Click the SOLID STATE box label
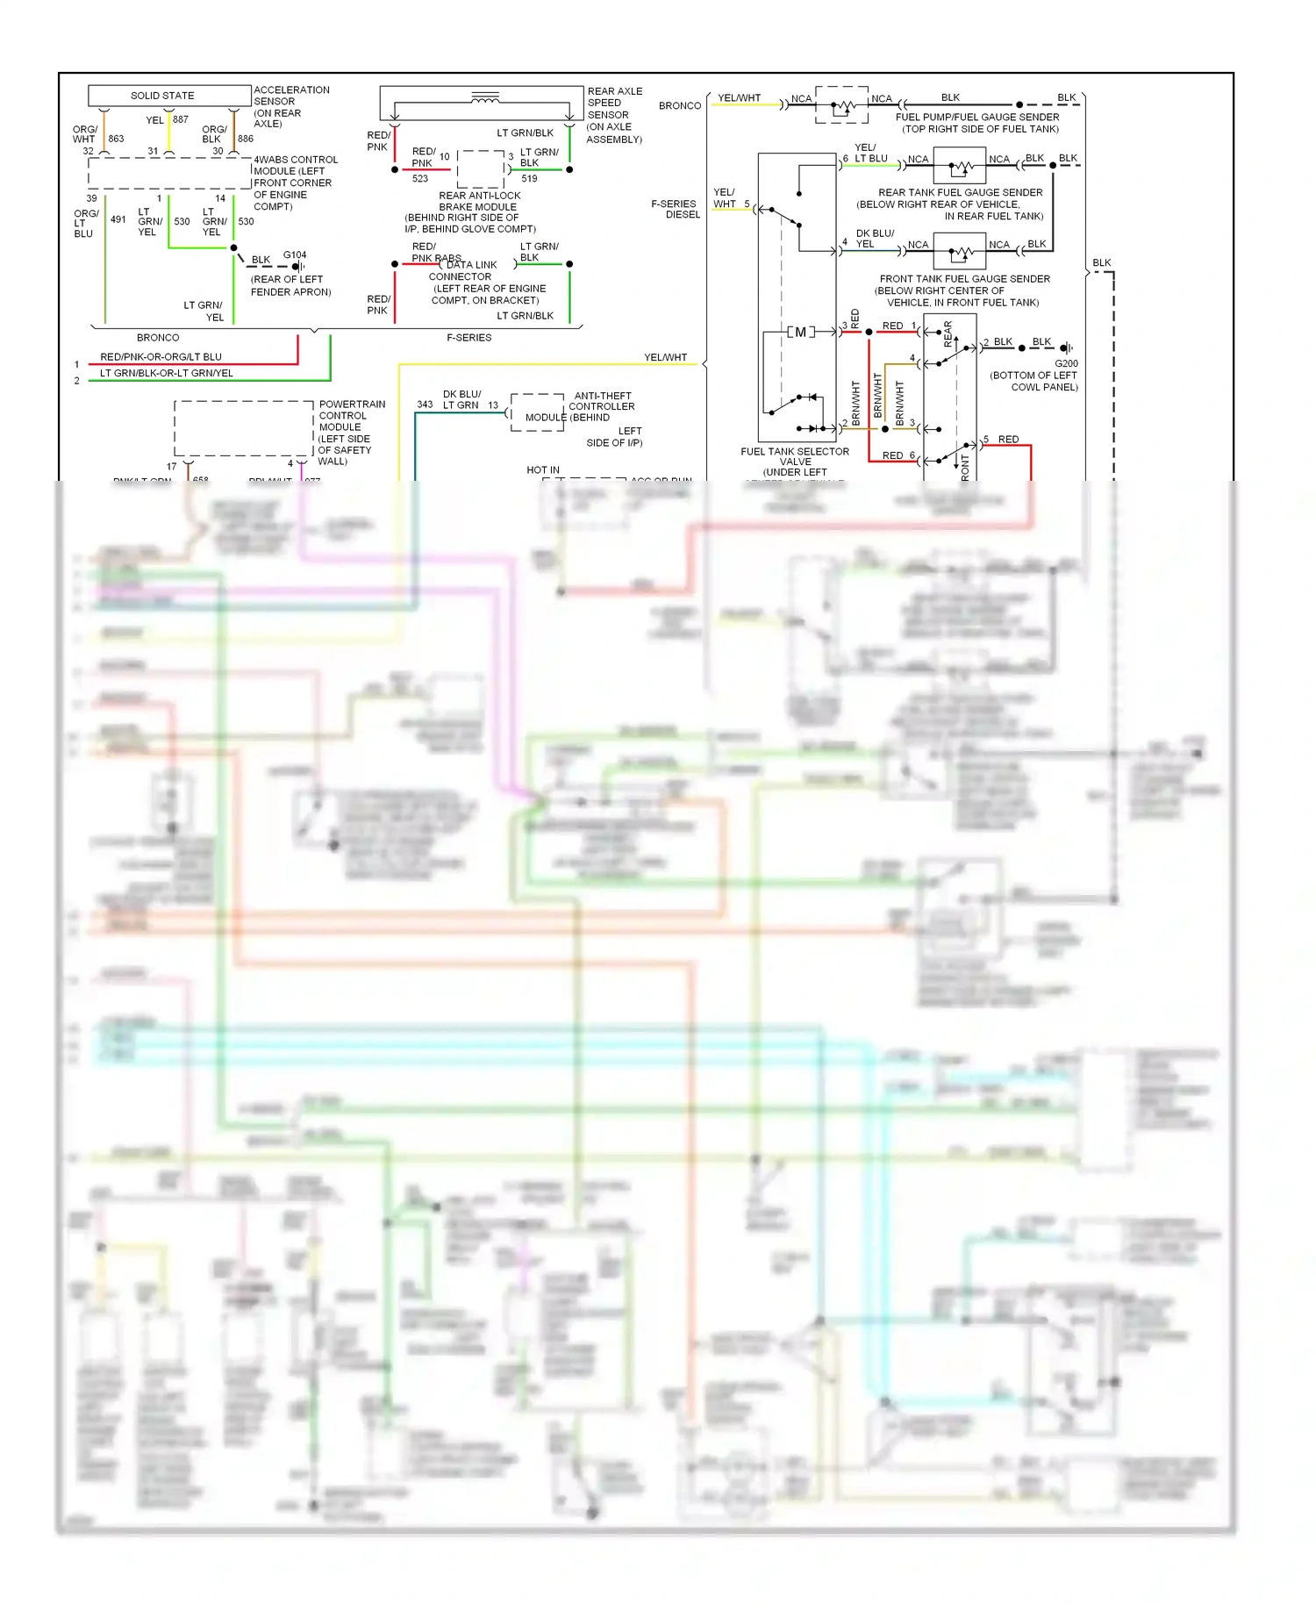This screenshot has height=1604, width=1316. [162, 96]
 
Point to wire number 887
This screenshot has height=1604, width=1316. [181, 119]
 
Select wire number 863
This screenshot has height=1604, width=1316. [116, 139]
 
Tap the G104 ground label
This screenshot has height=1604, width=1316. [295, 255]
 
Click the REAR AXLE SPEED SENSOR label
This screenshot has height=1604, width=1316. [614, 115]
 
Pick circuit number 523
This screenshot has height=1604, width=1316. [420, 179]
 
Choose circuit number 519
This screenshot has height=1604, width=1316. [529, 179]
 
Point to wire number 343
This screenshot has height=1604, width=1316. [425, 405]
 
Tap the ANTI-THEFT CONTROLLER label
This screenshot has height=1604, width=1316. [602, 401]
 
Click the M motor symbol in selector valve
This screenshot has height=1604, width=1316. [800, 332]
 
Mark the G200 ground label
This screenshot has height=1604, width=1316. [1066, 363]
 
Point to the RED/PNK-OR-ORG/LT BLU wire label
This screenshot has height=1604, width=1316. [161, 357]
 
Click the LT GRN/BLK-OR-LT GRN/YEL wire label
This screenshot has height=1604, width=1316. [167, 373]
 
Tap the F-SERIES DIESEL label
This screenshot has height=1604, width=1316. [675, 209]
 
